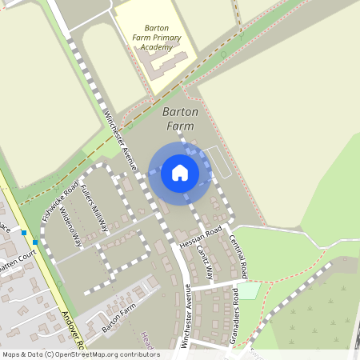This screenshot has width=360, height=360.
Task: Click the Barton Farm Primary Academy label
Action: click(x=157, y=36)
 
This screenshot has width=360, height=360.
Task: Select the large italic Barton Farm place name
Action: click(x=179, y=119)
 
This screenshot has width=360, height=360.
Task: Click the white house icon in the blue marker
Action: click(x=180, y=172)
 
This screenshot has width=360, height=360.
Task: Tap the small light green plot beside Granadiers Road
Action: click(x=249, y=290)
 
